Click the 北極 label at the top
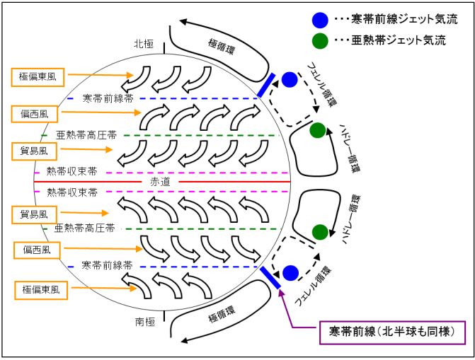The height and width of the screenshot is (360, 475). point(144,44)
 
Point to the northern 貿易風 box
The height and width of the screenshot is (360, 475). point(34,150)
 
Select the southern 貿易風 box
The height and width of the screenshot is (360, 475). point(34,214)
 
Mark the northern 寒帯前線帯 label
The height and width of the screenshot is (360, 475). point(108,98)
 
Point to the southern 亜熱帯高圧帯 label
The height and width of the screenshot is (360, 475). point(85,228)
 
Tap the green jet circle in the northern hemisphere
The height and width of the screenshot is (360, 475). point(318,130)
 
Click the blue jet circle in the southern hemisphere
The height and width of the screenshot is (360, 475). point(290,272)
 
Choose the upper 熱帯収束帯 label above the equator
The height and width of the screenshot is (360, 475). point(71,172)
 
